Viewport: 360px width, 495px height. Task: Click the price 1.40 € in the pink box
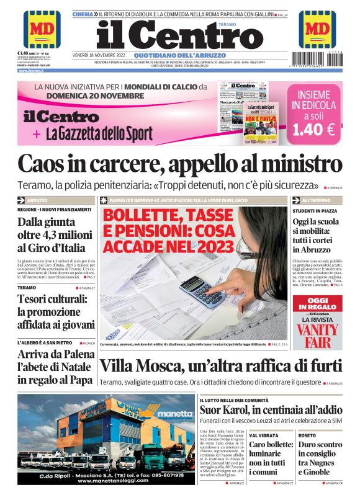click(x=313, y=130)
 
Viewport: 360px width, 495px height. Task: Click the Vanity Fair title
click(x=318, y=334)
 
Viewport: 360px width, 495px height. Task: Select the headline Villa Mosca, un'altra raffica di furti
click(x=220, y=365)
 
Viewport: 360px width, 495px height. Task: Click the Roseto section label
click(x=307, y=435)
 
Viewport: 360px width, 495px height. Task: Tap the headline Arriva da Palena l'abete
click(x=56, y=365)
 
